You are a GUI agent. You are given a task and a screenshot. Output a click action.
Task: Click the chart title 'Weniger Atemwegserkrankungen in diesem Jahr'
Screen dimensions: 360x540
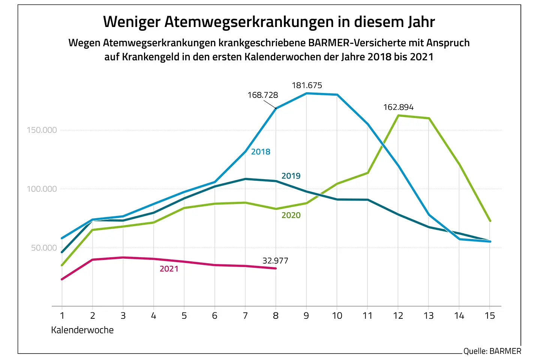coord(269,22)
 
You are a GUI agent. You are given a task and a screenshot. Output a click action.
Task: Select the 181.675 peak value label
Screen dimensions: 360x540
coord(307,85)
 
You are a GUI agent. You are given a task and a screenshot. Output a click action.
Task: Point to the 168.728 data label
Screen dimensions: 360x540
coord(262,95)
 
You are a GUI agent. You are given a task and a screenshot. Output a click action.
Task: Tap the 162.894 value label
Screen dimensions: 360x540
coord(398,107)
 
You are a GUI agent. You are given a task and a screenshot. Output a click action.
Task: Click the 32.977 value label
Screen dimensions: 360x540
coord(275,261)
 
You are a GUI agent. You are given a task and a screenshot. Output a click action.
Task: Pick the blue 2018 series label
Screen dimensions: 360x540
coord(261,152)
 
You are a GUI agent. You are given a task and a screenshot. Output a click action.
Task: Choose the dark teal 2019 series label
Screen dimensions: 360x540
coord(291,176)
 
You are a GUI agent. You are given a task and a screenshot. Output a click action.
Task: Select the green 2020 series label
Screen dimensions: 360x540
coord(291,215)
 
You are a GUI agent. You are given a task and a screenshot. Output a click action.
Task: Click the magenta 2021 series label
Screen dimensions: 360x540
coord(169,269)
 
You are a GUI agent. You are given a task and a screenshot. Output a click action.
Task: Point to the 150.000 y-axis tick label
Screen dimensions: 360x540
coord(42,130)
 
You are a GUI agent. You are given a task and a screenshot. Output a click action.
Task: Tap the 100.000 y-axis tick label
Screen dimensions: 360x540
coord(42,189)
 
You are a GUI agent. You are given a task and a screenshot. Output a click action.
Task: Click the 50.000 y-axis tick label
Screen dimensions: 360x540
coord(44,248)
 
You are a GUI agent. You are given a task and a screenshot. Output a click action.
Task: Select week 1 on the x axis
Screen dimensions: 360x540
coord(62,316)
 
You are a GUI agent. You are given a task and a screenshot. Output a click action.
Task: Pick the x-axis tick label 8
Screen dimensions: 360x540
coord(276,316)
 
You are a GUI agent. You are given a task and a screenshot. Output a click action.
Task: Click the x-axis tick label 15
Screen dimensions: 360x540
coord(490,316)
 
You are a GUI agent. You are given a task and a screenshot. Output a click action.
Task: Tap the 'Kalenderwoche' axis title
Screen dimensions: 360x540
coord(82,330)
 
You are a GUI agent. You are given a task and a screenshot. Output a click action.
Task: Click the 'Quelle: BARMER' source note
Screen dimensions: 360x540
coord(492,351)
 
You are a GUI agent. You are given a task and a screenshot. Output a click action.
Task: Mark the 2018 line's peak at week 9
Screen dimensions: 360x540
coord(306,93)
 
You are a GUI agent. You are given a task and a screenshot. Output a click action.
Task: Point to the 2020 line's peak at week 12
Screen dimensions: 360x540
coord(398,115)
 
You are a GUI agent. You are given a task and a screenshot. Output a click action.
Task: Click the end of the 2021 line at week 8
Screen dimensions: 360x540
coord(276,268)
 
